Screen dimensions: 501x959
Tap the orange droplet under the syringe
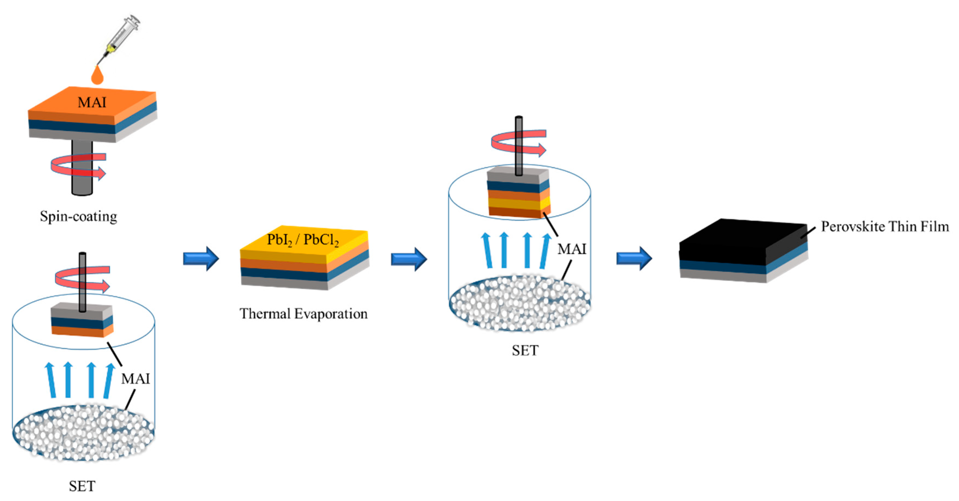pyautogui.click(x=98, y=76)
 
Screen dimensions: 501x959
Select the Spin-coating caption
pyautogui.click(x=79, y=216)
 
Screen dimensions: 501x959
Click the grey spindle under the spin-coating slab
pyautogui.click(x=82, y=182)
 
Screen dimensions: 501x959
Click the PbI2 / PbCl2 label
pyautogui.click(x=303, y=240)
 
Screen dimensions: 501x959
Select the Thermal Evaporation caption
pyautogui.click(x=303, y=314)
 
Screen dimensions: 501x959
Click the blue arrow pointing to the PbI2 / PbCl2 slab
pyautogui.click(x=201, y=258)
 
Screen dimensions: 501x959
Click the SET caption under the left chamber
pyautogui.click(x=82, y=486)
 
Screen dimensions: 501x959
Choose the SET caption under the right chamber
pyautogui.click(x=525, y=350)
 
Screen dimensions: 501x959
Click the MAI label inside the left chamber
pyautogui.click(x=135, y=379)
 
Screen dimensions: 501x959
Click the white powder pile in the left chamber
pyautogui.click(x=83, y=432)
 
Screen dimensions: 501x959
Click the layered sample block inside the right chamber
pyautogui.click(x=518, y=194)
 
